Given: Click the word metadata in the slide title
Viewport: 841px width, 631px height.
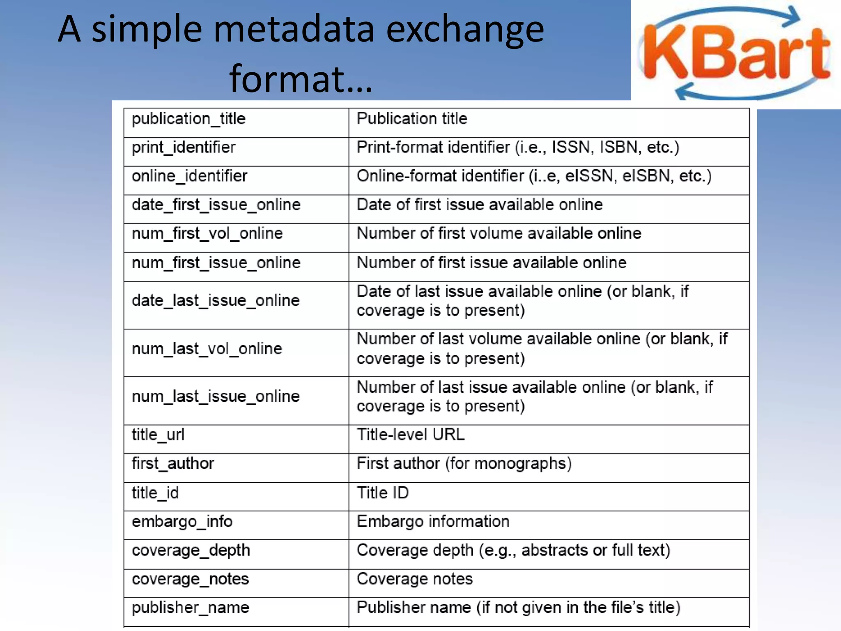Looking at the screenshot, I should click(294, 30).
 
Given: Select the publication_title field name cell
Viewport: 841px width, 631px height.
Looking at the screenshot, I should click(188, 119).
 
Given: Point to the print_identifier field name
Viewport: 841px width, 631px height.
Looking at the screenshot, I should click(184, 147).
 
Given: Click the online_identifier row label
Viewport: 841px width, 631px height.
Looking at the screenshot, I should click(189, 176).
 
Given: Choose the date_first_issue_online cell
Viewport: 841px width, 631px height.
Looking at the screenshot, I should click(216, 205).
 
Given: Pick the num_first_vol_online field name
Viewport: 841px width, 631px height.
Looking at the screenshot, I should click(207, 234).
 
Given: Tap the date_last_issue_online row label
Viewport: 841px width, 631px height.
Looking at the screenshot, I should click(216, 301).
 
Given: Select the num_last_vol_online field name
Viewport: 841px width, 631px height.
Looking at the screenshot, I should click(207, 349).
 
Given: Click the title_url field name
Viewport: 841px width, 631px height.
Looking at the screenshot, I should click(158, 435).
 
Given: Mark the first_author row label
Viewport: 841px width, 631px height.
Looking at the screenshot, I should click(173, 464).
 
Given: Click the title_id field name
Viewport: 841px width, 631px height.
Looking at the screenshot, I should click(155, 493).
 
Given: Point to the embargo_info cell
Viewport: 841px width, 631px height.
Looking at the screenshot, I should click(182, 522).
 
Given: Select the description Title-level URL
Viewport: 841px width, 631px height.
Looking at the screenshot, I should click(411, 435).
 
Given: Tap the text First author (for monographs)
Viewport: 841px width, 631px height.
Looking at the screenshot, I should click(464, 464).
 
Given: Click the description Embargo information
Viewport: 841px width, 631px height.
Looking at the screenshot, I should click(433, 522).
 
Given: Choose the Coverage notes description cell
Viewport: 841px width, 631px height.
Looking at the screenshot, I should click(415, 579).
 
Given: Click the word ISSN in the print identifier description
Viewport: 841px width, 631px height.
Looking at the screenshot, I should click(572, 147).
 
